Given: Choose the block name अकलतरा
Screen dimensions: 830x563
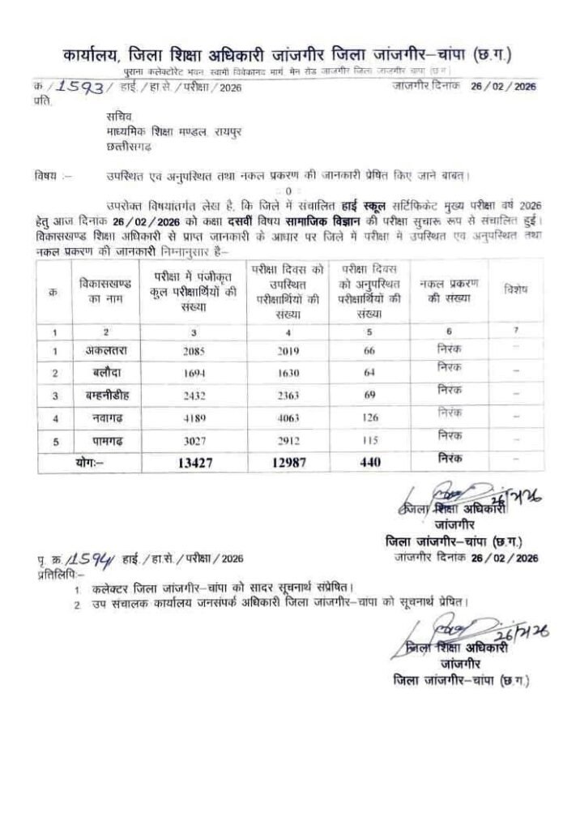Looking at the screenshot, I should coord(107,351).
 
